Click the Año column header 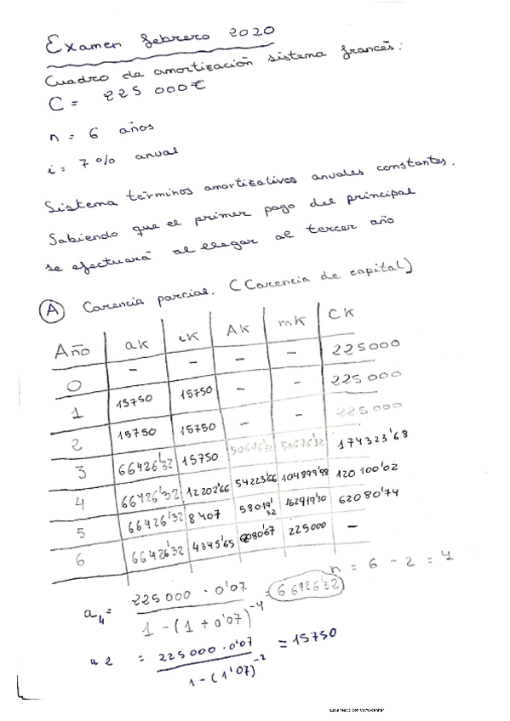(73, 349)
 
